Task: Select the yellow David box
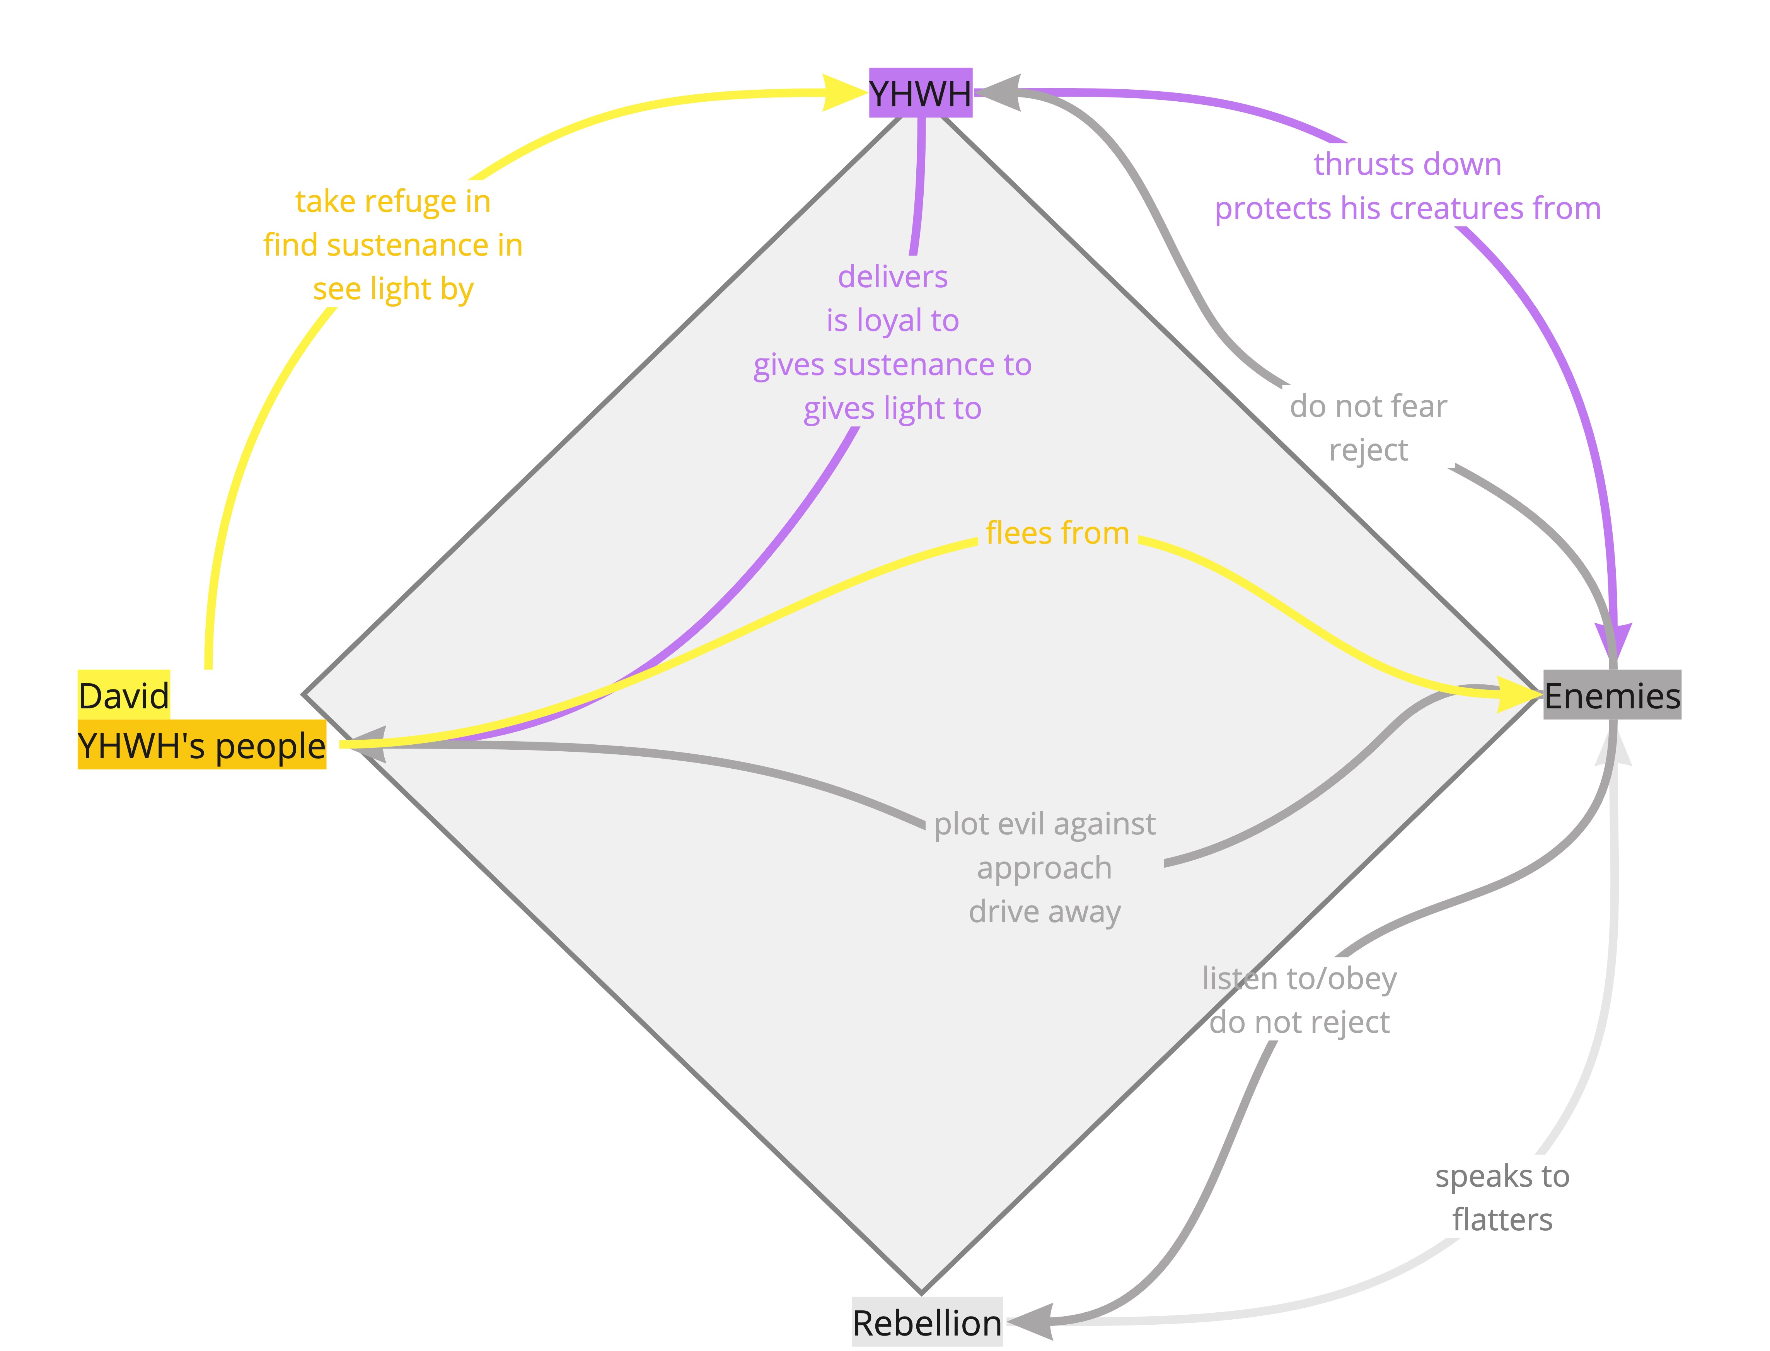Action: point(124,695)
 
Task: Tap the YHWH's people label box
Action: point(202,745)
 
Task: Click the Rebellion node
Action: point(927,1323)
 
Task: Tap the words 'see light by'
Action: point(392,289)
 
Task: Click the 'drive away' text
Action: point(1045,912)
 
